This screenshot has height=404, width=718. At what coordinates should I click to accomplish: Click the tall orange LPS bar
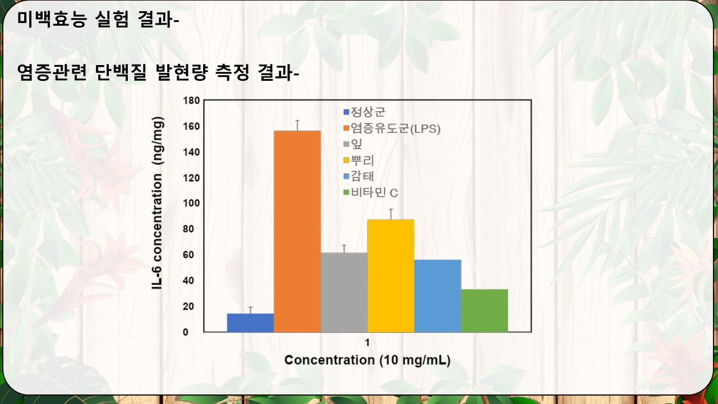coord(297,231)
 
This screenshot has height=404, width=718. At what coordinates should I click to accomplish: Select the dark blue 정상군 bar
coord(250,323)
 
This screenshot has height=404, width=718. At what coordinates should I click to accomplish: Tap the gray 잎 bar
coord(344,292)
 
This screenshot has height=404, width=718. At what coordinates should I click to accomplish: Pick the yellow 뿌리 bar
coord(391,276)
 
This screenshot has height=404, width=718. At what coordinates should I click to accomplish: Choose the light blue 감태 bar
coord(438,296)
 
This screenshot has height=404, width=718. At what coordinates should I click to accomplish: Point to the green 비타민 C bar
coord(484,311)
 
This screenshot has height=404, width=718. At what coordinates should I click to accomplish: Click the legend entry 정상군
coord(364,112)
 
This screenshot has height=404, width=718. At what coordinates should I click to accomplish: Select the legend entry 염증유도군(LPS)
coord(392,128)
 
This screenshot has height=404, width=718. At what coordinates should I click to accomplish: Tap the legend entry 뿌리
coord(359,160)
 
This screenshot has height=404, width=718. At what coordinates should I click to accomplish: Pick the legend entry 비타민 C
coord(371,192)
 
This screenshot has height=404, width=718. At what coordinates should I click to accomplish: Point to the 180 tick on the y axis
coord(191,100)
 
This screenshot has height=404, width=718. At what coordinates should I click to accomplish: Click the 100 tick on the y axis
coord(191,203)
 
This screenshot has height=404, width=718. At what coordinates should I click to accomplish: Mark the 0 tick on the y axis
coord(186,332)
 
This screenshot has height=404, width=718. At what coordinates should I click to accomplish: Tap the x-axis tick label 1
coord(367,343)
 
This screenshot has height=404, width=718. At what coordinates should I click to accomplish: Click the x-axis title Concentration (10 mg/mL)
coord(367,360)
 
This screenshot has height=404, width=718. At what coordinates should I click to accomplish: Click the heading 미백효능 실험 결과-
coord(98,19)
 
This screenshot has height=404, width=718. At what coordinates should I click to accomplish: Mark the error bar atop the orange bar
coord(297,126)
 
